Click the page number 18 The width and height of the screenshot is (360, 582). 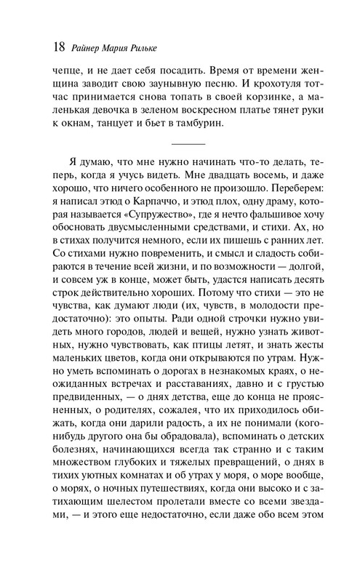tap(55, 47)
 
